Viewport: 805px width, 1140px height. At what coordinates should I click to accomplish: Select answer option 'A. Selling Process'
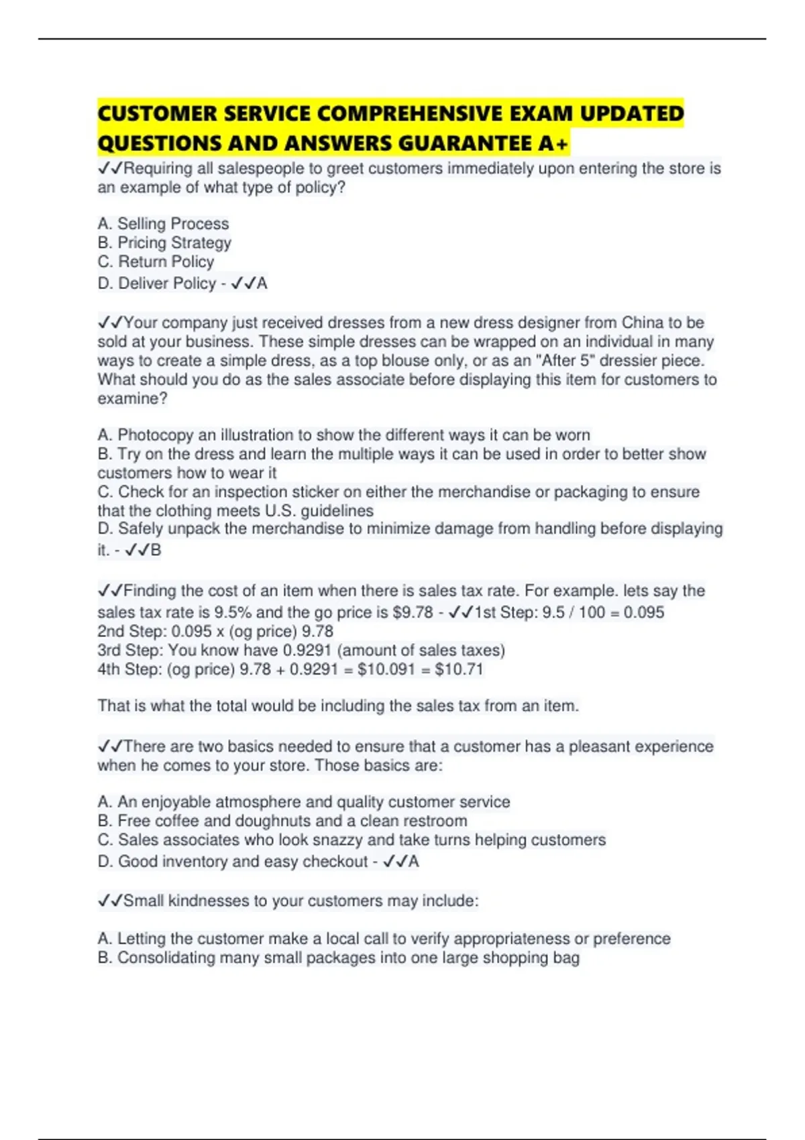point(163,223)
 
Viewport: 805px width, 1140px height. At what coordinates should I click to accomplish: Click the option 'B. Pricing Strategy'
point(164,242)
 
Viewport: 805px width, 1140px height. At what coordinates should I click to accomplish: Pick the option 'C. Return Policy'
point(156,262)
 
